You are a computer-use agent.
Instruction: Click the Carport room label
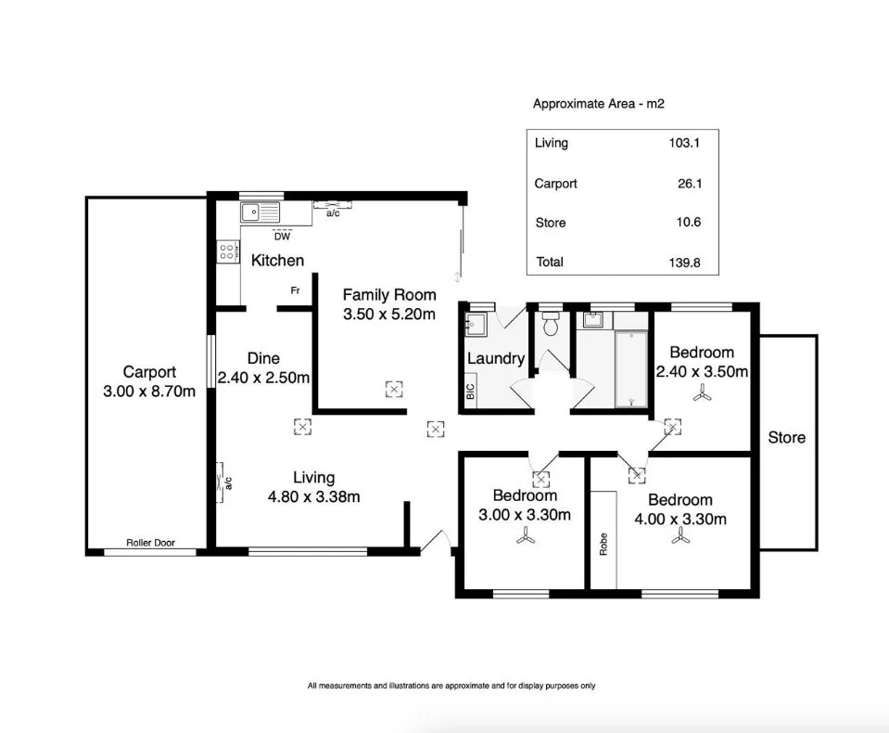pos(148,372)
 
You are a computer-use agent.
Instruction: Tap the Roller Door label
pos(150,543)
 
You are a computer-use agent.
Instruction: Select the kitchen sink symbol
pos(260,213)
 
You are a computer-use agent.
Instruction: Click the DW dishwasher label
pos(282,236)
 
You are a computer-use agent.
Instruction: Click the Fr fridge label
pos(295,291)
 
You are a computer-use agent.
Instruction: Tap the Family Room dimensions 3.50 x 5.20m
pos(388,315)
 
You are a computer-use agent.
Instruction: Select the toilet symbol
pos(550,324)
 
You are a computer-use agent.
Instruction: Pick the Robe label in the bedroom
pos(603,543)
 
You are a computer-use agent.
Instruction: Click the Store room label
pos(786,437)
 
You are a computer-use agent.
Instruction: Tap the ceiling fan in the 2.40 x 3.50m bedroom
pos(702,394)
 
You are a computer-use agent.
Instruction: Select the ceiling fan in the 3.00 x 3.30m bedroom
pos(526,536)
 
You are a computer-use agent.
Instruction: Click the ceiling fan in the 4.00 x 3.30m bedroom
pos(684,536)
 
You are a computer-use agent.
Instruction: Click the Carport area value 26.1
pos(690,184)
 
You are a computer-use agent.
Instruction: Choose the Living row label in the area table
pos(552,143)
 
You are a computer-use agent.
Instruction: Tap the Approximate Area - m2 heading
pos(598,104)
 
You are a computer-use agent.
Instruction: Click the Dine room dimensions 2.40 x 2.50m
pos(263,378)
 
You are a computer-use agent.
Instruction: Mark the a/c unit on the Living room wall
pos(222,482)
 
